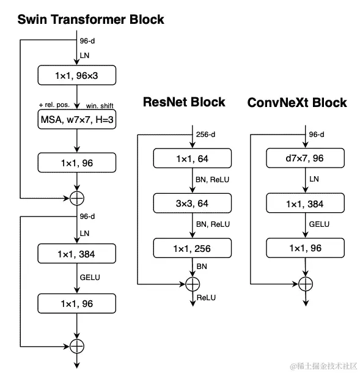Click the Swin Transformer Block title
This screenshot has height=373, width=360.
(x=91, y=20)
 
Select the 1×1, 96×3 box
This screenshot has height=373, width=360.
(x=77, y=75)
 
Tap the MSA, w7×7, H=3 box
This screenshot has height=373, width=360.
(x=77, y=119)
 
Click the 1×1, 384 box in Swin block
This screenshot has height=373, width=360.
(x=77, y=254)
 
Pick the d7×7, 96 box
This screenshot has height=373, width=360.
(x=306, y=158)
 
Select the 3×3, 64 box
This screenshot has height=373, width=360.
(x=193, y=203)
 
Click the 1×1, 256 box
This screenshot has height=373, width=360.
(x=193, y=248)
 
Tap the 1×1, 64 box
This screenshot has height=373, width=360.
(x=193, y=158)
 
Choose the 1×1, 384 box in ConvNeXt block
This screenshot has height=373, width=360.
(x=306, y=203)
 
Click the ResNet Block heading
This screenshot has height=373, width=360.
(x=184, y=102)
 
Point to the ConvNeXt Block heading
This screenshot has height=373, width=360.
(x=297, y=103)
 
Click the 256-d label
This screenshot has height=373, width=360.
(x=205, y=135)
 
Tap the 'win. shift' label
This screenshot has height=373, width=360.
(x=100, y=106)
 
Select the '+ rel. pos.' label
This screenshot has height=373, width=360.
(x=54, y=105)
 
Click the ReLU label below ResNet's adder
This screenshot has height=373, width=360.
(x=206, y=298)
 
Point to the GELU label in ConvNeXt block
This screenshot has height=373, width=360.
(x=319, y=224)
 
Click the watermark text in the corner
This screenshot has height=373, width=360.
(x=323, y=366)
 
